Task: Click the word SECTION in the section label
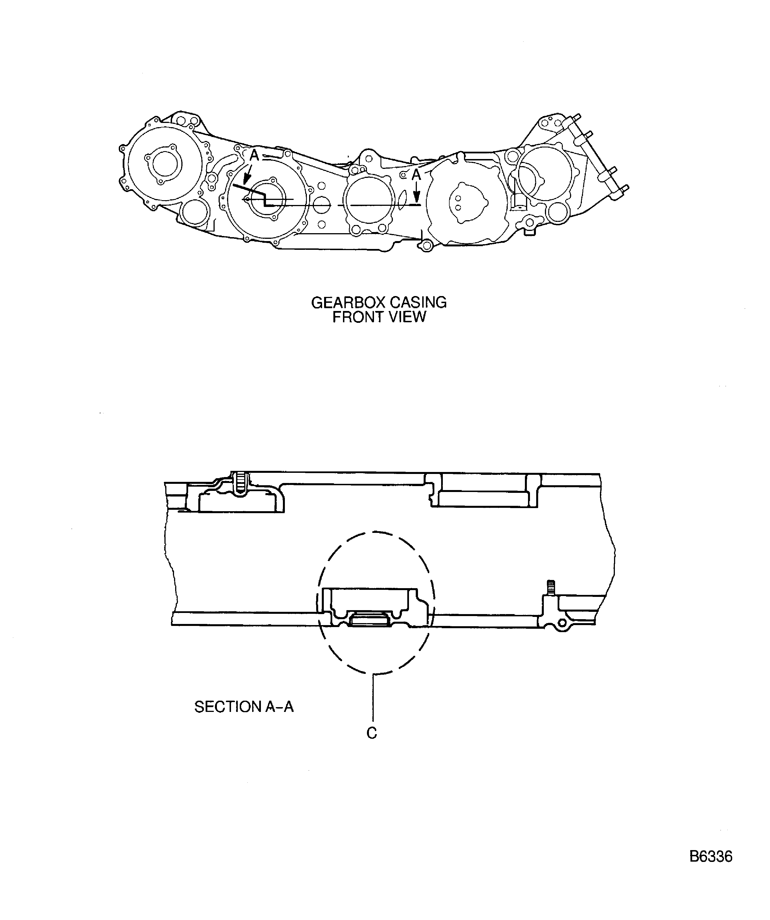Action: click(228, 706)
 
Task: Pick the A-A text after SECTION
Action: click(279, 706)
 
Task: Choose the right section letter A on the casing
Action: click(416, 175)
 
